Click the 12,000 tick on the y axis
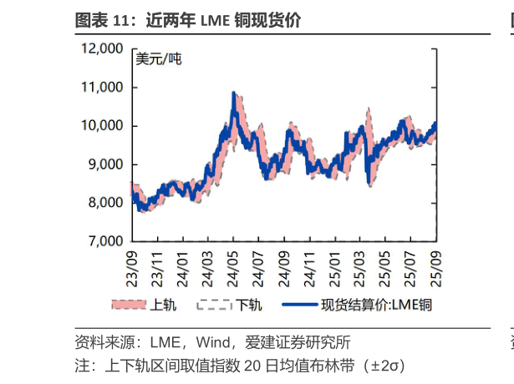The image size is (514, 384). point(103,49)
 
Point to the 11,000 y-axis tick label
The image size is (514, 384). point(103,88)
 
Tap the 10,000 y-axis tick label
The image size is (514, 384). point(103,126)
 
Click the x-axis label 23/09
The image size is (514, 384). point(131,262)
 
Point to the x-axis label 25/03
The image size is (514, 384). point(358,262)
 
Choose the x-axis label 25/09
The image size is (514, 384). point(433,262)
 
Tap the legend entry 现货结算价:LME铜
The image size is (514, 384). point(374,305)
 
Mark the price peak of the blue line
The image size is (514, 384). point(233,93)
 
